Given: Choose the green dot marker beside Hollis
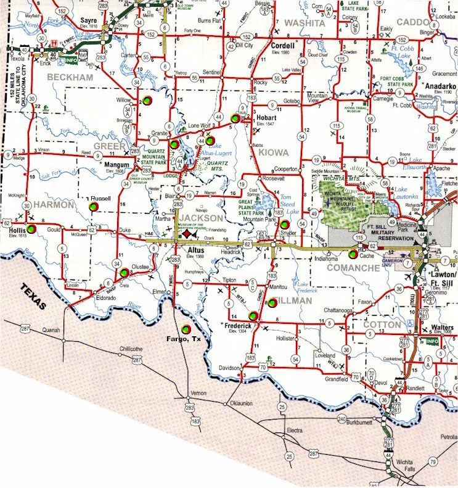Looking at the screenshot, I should click(x=31, y=229).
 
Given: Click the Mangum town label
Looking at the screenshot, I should click(x=117, y=165).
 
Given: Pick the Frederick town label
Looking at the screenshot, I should click(x=241, y=325).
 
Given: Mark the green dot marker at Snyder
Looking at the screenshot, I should click(x=285, y=224).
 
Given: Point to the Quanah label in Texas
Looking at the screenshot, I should click(x=51, y=330).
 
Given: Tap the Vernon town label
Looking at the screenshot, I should click(x=198, y=393).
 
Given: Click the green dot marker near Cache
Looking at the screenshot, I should click(x=353, y=254).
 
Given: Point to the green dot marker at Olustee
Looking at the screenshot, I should click(x=124, y=272).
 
